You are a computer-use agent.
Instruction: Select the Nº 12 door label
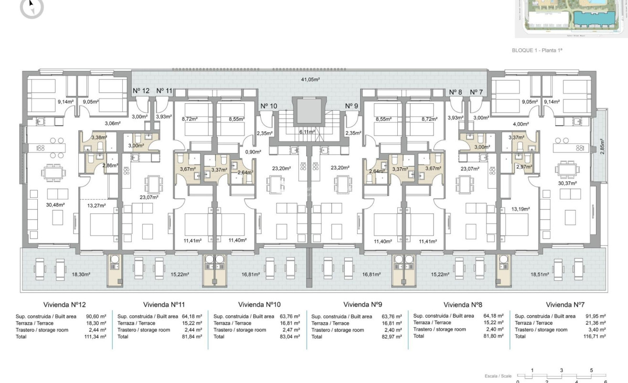coord(141,91)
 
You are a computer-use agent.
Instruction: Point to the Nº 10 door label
coord(269,106)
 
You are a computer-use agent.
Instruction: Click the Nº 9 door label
coord(351,106)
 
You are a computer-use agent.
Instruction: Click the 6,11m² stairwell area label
coord(307,132)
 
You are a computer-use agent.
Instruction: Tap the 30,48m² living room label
coord(55,205)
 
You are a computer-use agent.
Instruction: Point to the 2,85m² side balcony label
coord(602,145)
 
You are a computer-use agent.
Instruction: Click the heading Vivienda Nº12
coord(64,304)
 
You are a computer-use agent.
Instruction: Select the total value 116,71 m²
coord(596,336)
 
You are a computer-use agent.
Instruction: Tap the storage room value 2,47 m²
coord(290,330)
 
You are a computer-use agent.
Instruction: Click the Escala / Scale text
coord(498,376)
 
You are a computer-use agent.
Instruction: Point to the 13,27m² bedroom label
coord(96,206)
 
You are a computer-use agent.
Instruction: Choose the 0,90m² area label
coord(253,152)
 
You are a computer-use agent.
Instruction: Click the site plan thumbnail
coord(571,18)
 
